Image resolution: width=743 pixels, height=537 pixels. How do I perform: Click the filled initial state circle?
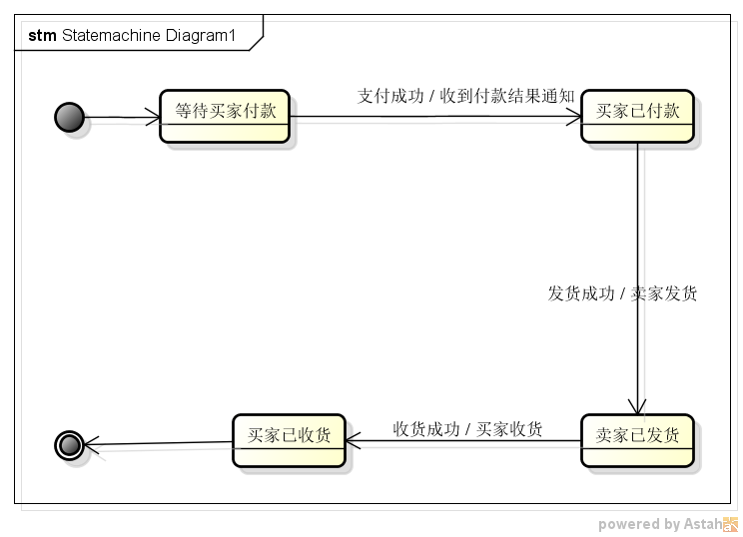[x=69, y=117]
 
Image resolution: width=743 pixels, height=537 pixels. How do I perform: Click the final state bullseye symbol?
[x=69, y=445]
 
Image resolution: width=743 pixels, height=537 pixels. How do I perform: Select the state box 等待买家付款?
[x=225, y=116]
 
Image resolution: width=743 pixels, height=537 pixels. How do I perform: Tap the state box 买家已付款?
[x=637, y=116]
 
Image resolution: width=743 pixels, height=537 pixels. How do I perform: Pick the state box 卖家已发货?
[x=637, y=440]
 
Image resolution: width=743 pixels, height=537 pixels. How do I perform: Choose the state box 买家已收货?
[x=289, y=440]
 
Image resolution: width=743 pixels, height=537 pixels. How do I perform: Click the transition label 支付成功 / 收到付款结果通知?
[x=465, y=96]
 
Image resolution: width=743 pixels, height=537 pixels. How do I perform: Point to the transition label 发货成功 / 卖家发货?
[x=622, y=293]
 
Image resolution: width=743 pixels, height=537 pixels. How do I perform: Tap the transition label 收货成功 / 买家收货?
[x=467, y=429]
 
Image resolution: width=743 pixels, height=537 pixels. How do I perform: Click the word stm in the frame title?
[x=42, y=36]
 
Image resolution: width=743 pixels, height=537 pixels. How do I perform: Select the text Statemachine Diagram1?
[x=149, y=36]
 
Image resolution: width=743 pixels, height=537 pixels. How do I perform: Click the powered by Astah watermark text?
[x=660, y=524]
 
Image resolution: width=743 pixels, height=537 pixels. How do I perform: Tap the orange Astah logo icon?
[x=731, y=524]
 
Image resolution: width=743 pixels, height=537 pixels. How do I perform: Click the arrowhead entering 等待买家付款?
[x=153, y=117]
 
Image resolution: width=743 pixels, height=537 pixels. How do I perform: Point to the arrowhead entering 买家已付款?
[x=574, y=117]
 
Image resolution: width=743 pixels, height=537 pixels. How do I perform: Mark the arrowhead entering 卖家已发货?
[x=637, y=406]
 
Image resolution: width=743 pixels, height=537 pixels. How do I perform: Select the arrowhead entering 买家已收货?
[x=353, y=440]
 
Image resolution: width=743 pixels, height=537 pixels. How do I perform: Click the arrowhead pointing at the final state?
[x=92, y=444]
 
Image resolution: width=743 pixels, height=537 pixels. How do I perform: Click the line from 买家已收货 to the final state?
[x=158, y=443]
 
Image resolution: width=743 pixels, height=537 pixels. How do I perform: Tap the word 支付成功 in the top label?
[x=390, y=96]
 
